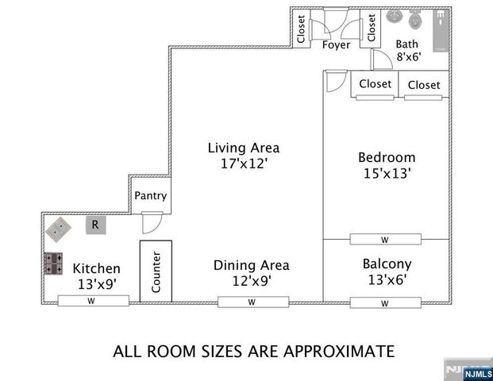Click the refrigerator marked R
click(x=94, y=225)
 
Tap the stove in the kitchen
click(x=54, y=264)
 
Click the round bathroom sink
click(x=394, y=15)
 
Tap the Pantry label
click(x=150, y=196)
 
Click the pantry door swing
click(x=152, y=224)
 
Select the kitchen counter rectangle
click(x=156, y=271)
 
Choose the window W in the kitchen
click(x=91, y=301)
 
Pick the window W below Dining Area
click(x=251, y=302)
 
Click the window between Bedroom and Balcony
click(x=384, y=239)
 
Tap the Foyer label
click(x=336, y=45)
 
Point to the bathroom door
click(x=381, y=60)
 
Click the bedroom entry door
click(x=335, y=82)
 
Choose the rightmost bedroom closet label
click(x=424, y=84)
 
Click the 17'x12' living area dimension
click(x=244, y=164)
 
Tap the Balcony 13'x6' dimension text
click(x=387, y=279)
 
